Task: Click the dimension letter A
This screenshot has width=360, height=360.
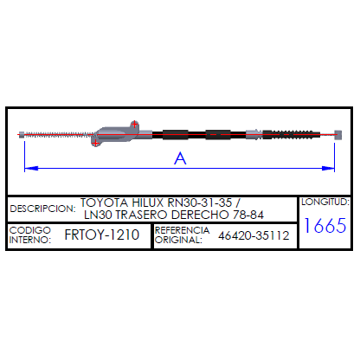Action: coord(180,158)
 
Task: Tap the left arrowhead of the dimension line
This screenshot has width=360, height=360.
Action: coord(31,168)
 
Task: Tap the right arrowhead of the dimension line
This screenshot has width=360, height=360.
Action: coord(328,168)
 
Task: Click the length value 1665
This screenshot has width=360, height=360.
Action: coord(325,225)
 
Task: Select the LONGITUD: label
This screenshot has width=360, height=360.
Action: coord(325,202)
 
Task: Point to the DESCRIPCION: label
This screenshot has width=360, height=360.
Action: coord(42,209)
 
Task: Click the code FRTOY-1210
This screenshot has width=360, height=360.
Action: coord(102,235)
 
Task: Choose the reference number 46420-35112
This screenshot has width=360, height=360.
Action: coord(254,235)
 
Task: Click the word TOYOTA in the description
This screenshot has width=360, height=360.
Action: coord(104,202)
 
